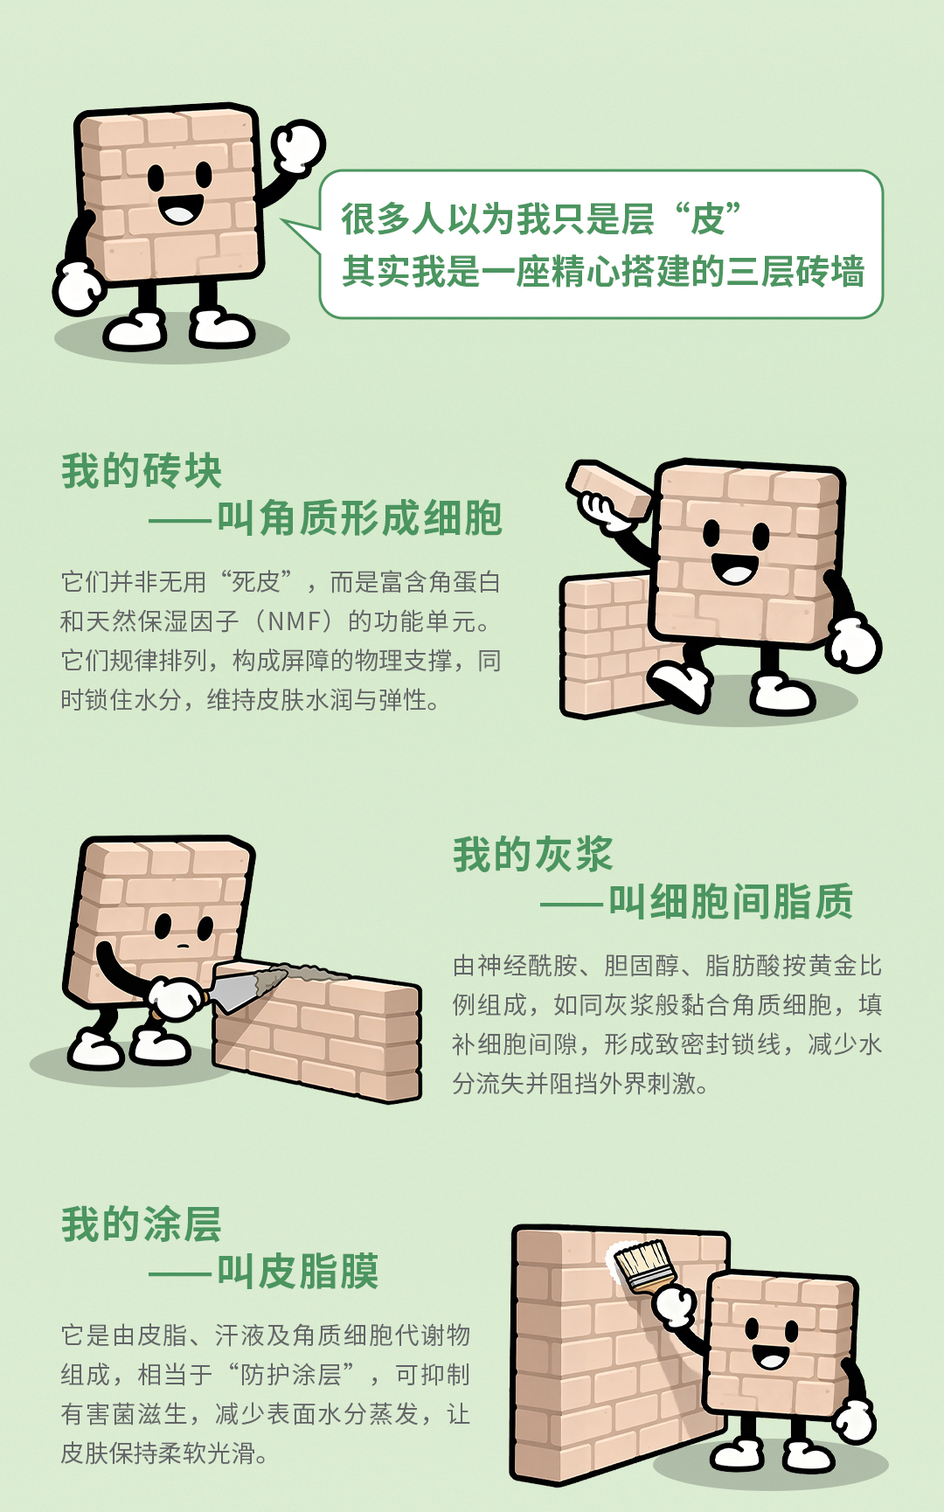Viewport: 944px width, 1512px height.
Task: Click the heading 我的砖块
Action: coord(142,472)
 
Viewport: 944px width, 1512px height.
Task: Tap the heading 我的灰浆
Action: coord(533,854)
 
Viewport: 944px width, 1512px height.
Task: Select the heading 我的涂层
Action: coord(142,1224)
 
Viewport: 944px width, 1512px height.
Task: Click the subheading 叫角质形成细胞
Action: coord(359,518)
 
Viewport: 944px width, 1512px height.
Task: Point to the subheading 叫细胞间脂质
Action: coord(731,901)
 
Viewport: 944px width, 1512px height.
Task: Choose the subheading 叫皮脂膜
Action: coord(298,1271)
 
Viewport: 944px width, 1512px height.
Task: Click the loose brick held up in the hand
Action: coord(609,489)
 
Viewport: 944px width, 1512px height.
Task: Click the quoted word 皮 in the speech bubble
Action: coord(708,218)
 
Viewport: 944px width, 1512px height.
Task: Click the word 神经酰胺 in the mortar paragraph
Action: coord(528,966)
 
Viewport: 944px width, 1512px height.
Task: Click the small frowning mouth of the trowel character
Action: coord(183,946)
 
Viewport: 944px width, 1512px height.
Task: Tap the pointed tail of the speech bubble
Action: coord(288,223)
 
